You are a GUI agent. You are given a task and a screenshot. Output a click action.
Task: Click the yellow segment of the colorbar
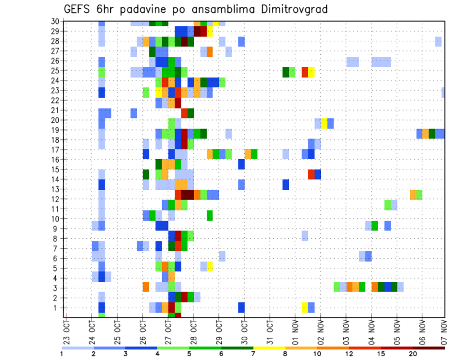tap(269, 348)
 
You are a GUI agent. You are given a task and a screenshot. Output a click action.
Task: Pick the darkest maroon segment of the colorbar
tap(429, 348)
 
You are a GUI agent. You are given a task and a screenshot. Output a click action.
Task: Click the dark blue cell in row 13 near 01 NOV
tap(286, 184)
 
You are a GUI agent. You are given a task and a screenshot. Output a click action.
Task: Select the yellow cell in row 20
tap(324, 123)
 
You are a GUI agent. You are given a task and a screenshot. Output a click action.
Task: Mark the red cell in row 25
tap(305, 72)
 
